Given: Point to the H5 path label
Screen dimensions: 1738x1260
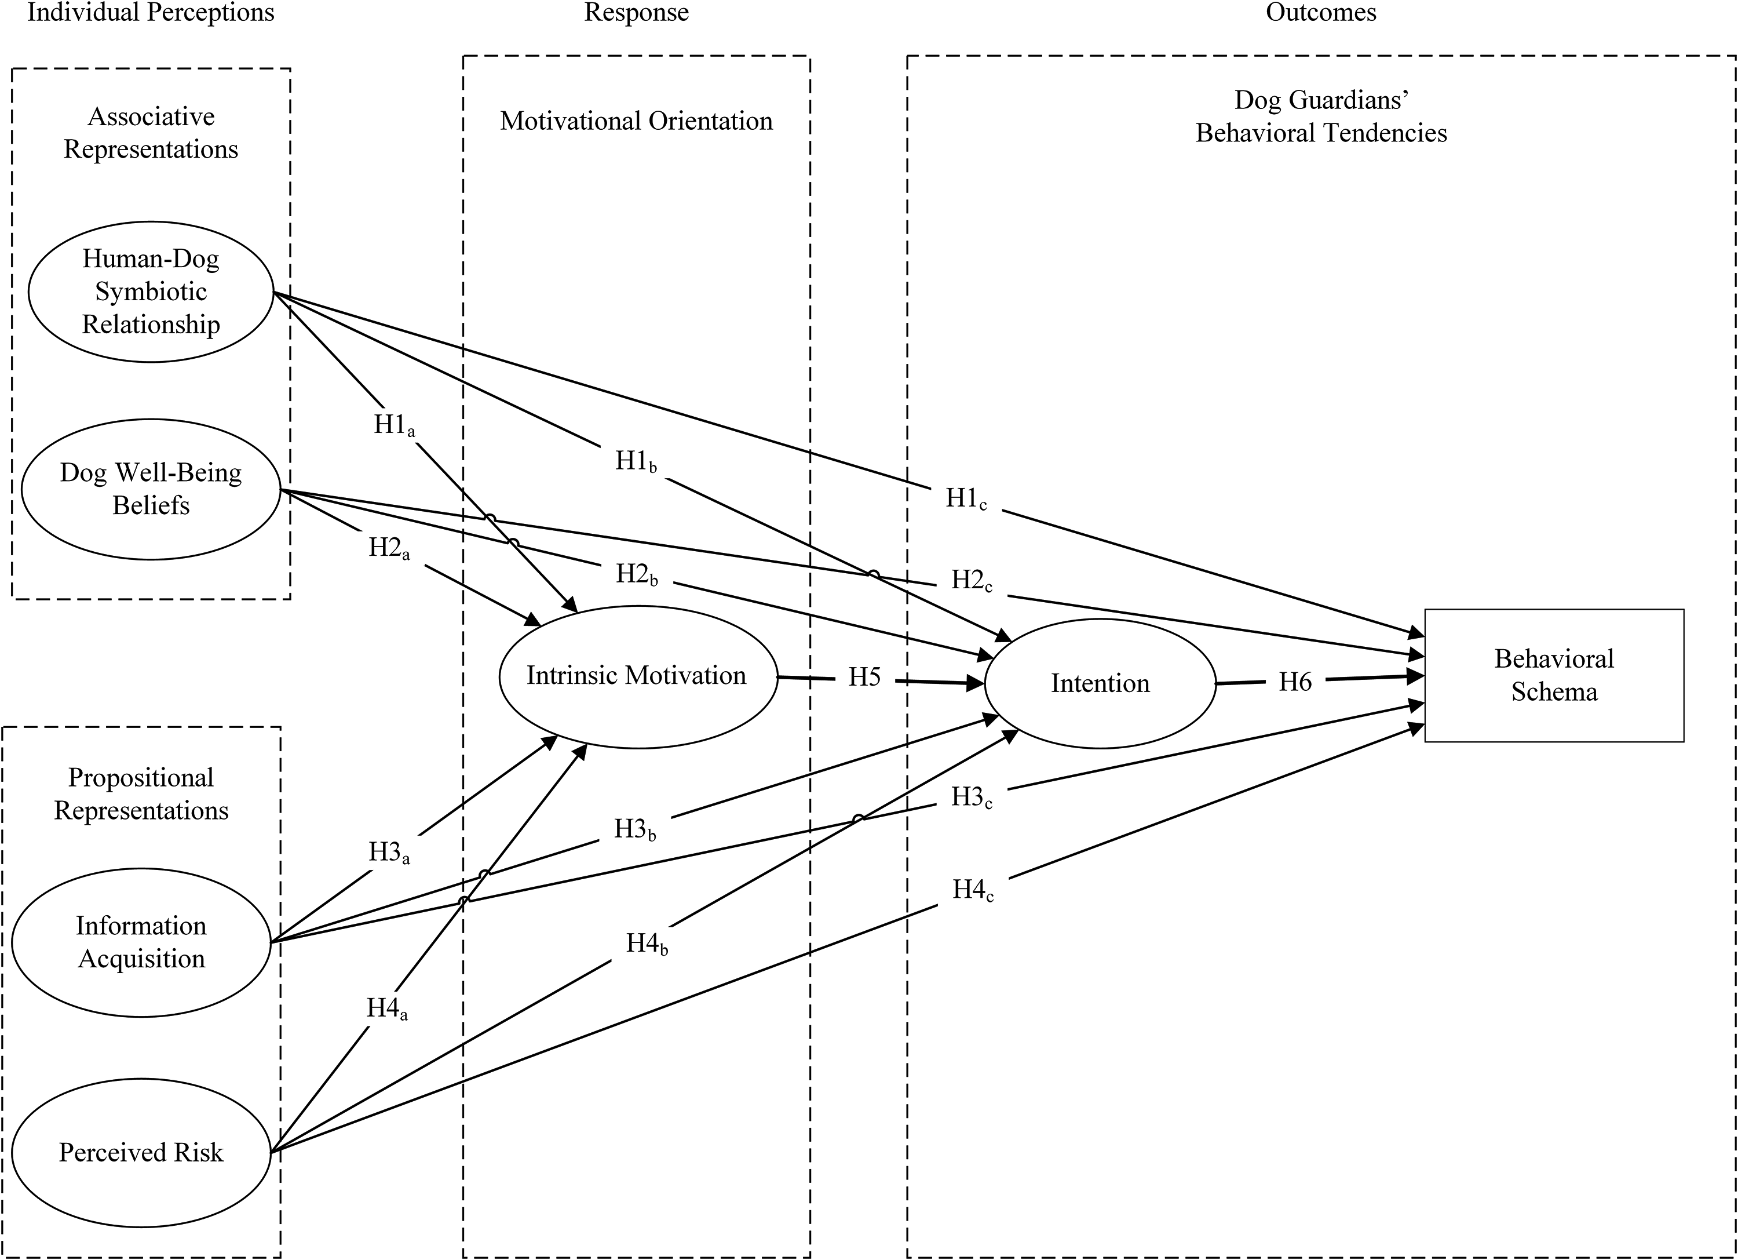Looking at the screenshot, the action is [x=864, y=678].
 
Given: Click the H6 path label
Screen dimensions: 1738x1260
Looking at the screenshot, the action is [x=1295, y=682].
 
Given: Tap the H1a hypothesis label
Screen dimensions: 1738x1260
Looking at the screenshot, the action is [x=395, y=425].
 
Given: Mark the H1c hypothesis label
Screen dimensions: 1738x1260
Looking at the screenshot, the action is [x=966, y=499].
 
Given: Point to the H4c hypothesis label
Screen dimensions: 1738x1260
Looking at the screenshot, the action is [x=973, y=891].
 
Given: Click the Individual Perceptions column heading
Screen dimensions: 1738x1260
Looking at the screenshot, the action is [x=151, y=12].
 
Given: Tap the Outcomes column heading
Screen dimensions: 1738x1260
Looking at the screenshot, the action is [x=1321, y=12].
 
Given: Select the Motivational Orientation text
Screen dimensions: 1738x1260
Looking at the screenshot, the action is [x=637, y=121].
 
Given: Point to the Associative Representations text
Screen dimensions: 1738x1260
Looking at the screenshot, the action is [x=151, y=133].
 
